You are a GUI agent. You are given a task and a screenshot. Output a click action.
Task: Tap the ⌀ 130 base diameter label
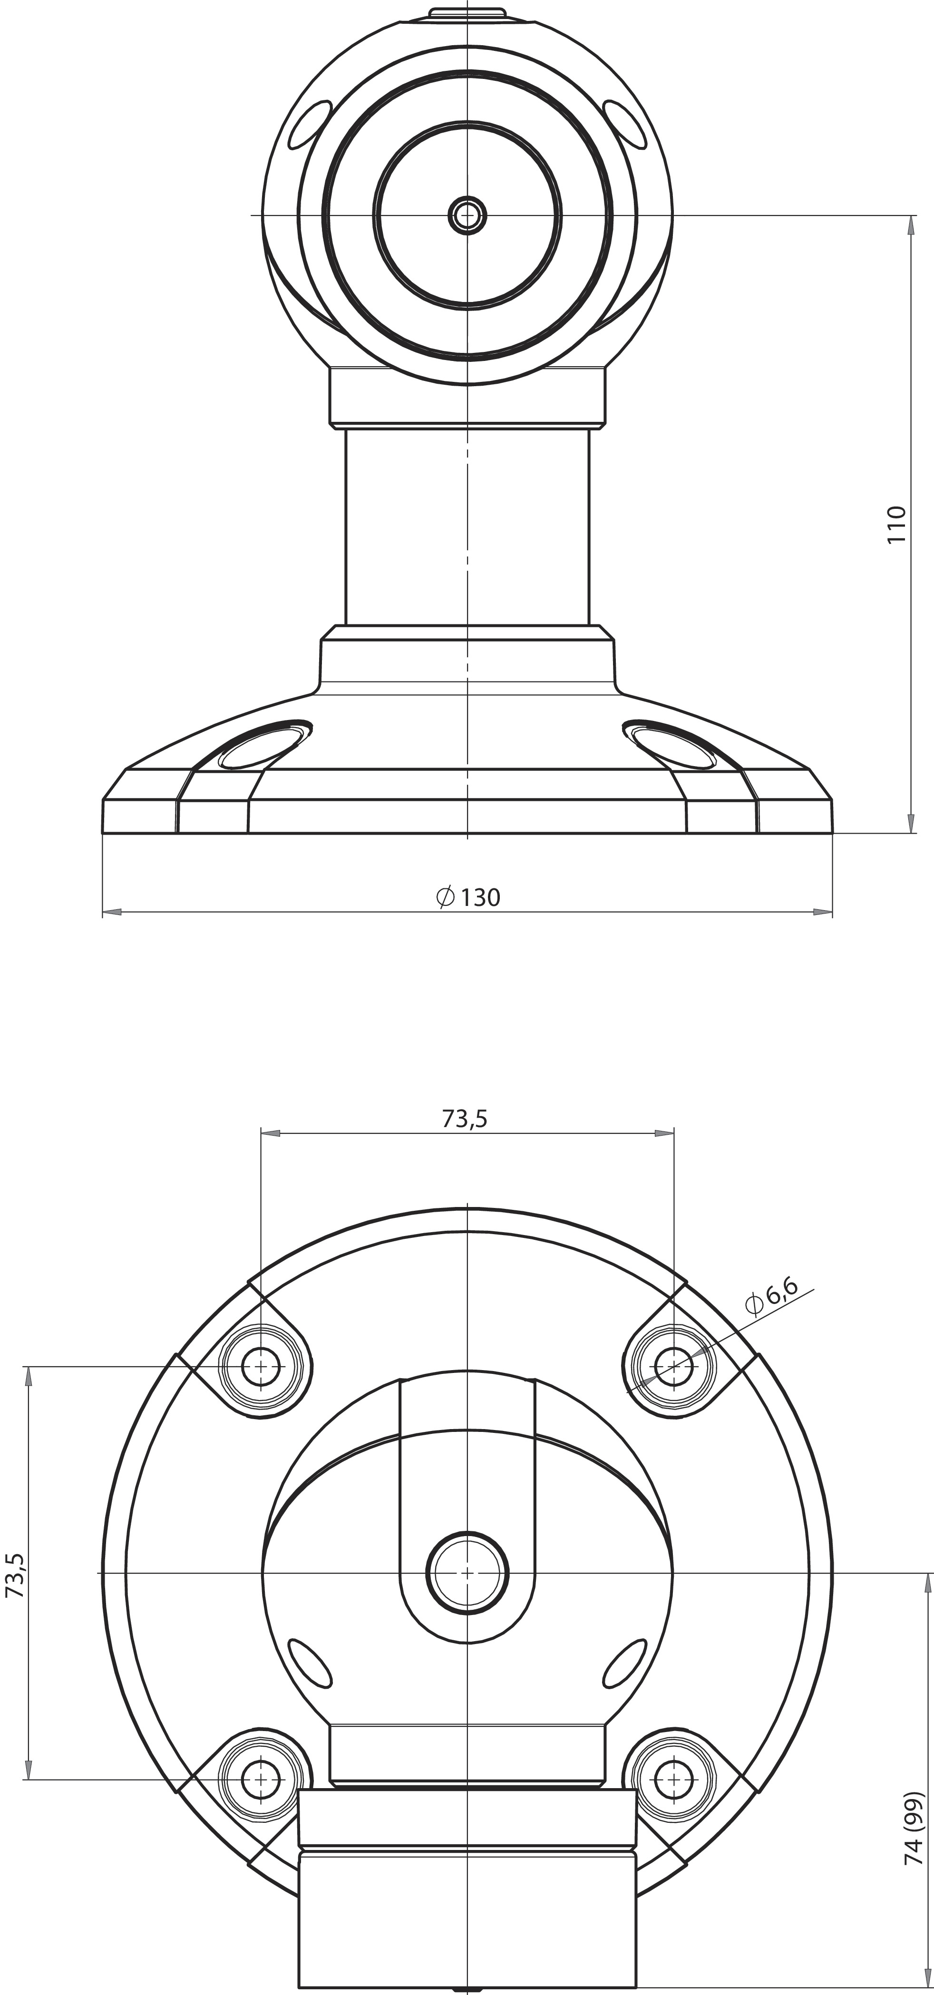468,897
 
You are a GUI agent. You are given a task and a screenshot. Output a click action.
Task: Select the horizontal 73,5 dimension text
465,1119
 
